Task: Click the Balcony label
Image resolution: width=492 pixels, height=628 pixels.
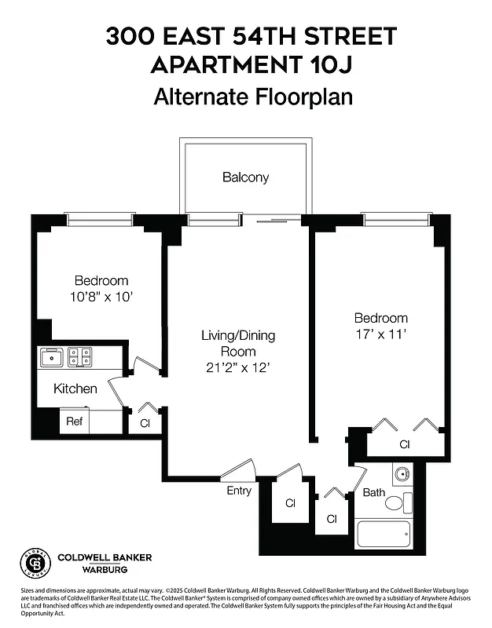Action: [x=245, y=177]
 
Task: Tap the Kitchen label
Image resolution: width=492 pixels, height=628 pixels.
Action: [x=75, y=389]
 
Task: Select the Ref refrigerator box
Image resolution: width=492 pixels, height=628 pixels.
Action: [x=75, y=422]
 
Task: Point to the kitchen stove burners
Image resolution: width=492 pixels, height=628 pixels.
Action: [x=79, y=358]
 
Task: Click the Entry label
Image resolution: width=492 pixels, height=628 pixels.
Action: [x=239, y=491]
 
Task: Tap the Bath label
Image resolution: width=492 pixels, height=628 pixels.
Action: [x=373, y=493]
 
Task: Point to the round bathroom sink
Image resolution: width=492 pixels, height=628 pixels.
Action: [x=402, y=474]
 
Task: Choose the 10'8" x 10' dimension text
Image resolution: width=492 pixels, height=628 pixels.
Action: [x=101, y=297]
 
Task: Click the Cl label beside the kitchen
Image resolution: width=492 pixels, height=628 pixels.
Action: [x=145, y=422]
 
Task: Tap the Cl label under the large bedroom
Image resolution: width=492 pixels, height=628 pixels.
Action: [x=405, y=444]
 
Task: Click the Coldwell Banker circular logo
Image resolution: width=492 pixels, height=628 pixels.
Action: [x=34, y=563]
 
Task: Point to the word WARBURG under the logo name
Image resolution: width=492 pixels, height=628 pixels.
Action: [x=105, y=570]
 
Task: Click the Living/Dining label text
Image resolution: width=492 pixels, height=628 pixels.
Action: [x=237, y=336]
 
